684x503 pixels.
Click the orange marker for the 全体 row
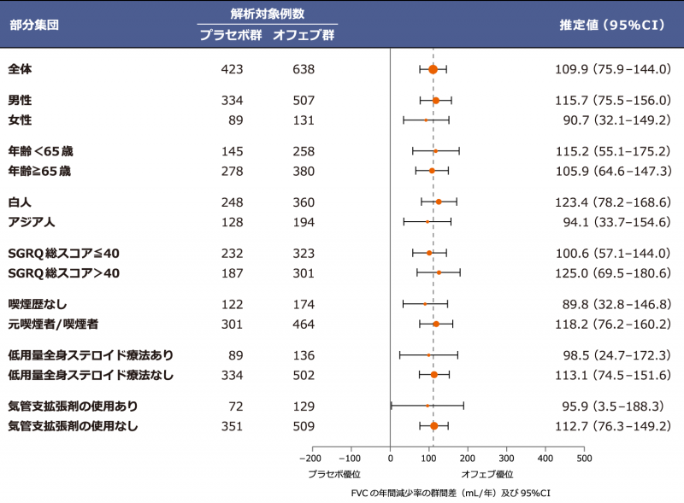[x=433, y=69]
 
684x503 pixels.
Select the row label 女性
[x=20, y=120]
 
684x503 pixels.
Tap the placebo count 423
[x=233, y=69]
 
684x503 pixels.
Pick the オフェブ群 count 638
[x=303, y=69]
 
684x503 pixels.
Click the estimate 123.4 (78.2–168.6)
[x=613, y=202]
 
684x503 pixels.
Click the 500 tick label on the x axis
[x=583, y=459]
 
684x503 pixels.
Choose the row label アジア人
[x=32, y=222]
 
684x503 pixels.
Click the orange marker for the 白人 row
[x=439, y=202]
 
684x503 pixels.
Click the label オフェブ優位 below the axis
[x=487, y=473]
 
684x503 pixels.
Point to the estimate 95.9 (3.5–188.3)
[x=613, y=406]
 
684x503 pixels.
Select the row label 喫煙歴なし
[x=37, y=304]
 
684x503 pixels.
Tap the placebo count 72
[x=236, y=406]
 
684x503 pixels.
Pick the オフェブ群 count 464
[x=303, y=324]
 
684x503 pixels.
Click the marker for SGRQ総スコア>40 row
[x=439, y=272]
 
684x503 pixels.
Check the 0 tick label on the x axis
[x=390, y=459]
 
